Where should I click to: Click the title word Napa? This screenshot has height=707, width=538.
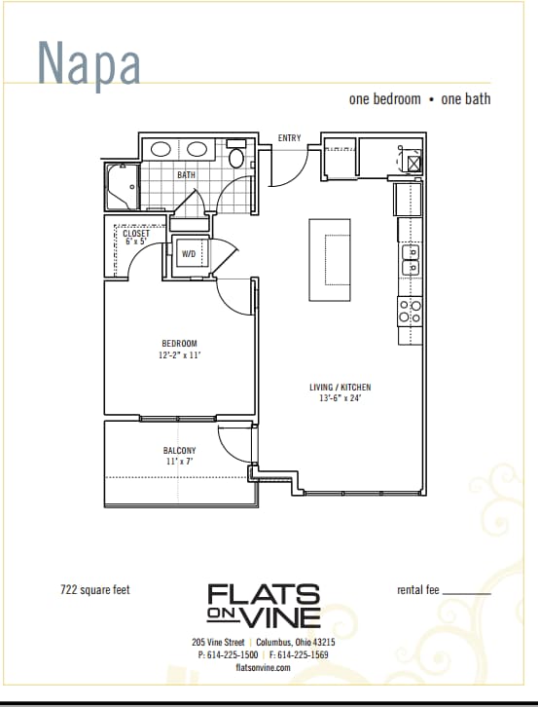(90, 63)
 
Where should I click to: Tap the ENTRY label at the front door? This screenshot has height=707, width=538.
(289, 138)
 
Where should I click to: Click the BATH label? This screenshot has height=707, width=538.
(186, 175)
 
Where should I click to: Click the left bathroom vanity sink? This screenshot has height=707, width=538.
(162, 150)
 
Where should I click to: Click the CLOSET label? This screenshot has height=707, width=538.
(136, 234)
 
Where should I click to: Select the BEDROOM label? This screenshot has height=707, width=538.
(179, 343)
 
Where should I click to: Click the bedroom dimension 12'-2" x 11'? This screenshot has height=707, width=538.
(179, 354)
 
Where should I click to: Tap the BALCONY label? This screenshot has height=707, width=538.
(179, 450)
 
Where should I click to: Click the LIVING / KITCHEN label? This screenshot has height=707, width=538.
(340, 387)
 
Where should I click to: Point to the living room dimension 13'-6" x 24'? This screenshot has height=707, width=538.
(340, 398)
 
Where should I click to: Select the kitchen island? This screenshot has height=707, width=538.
(330, 259)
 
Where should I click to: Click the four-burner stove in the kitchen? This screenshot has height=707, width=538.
(410, 311)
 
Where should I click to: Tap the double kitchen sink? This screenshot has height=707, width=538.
(410, 260)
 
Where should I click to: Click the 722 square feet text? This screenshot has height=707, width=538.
(94, 589)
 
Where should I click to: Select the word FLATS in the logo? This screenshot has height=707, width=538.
(264, 594)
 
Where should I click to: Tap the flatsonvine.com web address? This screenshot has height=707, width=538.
(263, 667)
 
